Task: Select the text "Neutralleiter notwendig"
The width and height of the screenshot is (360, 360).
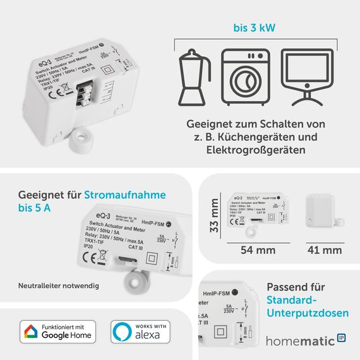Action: (x=59, y=286)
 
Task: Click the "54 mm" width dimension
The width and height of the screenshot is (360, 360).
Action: (x=258, y=250)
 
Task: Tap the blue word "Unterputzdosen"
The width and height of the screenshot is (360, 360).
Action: (x=307, y=313)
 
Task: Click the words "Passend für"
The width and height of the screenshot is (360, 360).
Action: (x=297, y=286)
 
